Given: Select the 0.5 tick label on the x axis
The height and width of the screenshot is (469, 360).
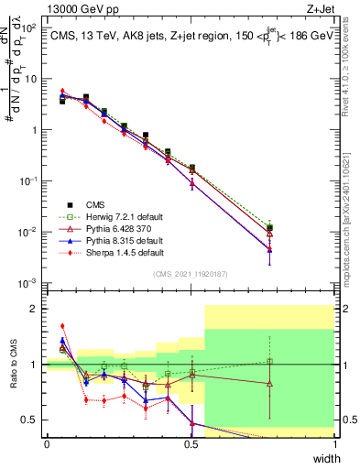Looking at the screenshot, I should point(191,445).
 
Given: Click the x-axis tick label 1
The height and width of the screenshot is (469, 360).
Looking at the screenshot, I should point(335,445).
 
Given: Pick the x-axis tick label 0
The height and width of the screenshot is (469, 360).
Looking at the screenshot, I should point(47,445).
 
